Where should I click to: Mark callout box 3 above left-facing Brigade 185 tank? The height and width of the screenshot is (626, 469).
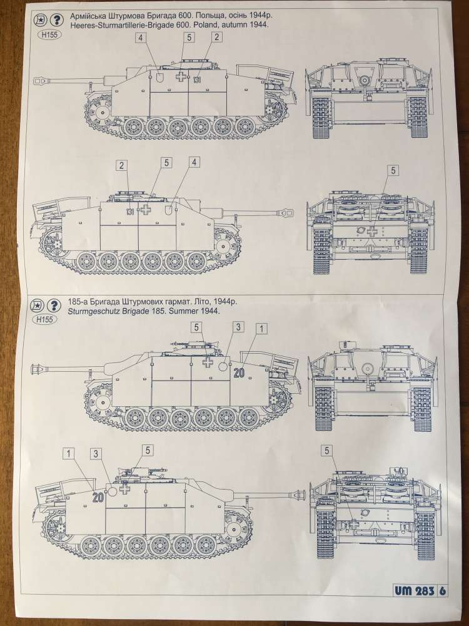pos(237,327)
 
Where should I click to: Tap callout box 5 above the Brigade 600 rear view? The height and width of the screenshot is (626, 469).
pos(393,170)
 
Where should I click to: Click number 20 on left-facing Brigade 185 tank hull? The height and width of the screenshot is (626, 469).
pos(238,373)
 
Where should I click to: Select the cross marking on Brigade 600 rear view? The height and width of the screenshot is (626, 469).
pos(373,231)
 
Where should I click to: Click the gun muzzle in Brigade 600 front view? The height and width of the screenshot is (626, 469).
pos(363,80)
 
